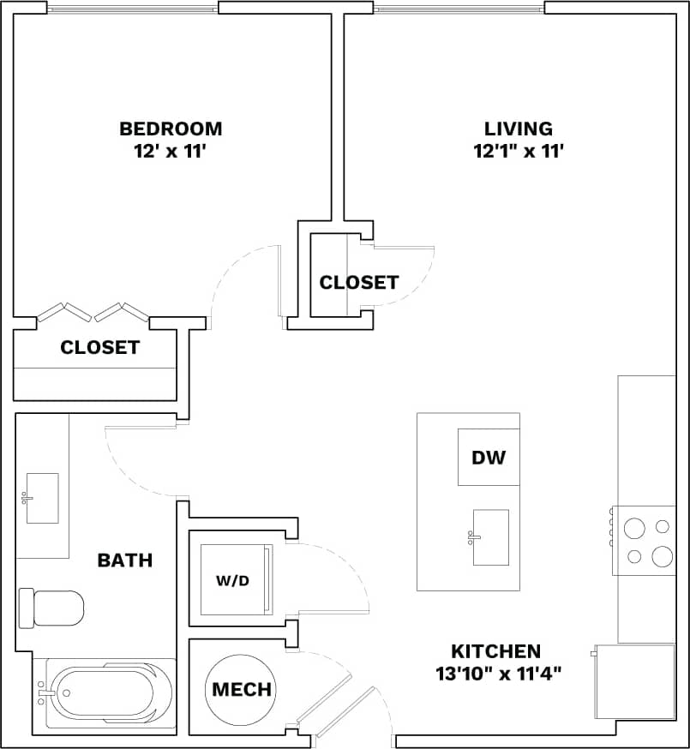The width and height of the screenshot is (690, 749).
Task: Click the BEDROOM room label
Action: click(x=171, y=129)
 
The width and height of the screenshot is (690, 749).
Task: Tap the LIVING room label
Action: click(x=519, y=129)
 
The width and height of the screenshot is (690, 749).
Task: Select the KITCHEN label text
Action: click(x=496, y=651)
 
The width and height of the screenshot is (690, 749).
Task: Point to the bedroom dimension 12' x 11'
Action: click(x=171, y=151)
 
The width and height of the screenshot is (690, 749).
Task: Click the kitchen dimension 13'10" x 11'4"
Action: click(x=498, y=673)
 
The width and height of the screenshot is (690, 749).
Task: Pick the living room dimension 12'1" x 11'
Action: click(x=519, y=151)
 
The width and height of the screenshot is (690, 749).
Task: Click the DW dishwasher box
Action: click(x=489, y=457)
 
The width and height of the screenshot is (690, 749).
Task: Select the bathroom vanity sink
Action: click(x=41, y=498)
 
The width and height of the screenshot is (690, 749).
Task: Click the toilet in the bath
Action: click(x=52, y=608)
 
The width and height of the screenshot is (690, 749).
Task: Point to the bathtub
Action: click(x=106, y=693)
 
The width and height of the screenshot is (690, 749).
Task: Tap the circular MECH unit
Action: click(x=241, y=689)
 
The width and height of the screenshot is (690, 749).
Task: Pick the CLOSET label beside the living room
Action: click(x=358, y=282)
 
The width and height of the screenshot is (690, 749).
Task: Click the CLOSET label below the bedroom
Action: click(x=99, y=347)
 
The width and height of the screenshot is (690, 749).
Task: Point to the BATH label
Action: click(x=125, y=560)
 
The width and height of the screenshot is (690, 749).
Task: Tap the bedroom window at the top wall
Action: click(x=133, y=9)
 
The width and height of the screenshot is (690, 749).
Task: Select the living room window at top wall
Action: click(x=459, y=9)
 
